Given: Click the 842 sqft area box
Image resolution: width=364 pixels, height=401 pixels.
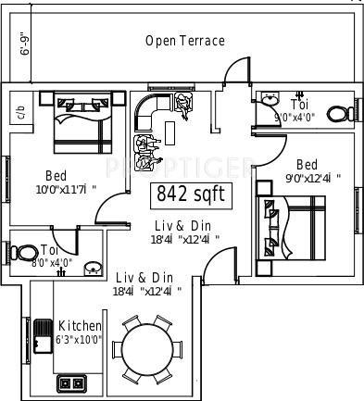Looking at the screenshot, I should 190,194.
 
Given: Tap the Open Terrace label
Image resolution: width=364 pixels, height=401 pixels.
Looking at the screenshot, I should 185,41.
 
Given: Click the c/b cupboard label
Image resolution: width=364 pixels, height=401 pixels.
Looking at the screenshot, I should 19,112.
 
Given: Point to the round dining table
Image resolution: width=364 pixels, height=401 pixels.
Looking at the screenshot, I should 149,353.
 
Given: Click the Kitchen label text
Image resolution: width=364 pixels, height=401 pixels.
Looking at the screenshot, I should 80,326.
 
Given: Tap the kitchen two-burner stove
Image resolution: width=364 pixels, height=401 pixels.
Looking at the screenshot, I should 72,382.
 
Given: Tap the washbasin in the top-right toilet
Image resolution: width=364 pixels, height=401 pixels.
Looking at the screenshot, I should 270,98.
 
